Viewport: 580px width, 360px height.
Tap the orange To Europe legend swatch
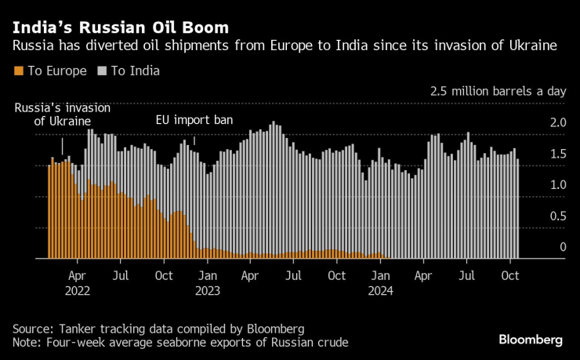point(19,71)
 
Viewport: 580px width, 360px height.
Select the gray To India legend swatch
point(102,71)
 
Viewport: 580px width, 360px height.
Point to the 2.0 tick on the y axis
point(558,123)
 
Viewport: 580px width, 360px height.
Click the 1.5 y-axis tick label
point(558,154)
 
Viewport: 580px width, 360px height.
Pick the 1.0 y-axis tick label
point(558,184)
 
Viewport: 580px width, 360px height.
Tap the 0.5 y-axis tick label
point(558,216)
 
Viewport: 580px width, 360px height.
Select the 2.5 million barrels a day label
point(498,91)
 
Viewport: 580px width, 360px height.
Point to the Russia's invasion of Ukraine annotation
point(63,115)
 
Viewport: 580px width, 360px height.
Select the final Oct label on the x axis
point(510,276)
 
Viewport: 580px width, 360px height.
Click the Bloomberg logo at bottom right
point(531,340)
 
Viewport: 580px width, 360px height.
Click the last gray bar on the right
point(517,209)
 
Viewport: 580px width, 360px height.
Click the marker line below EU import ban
point(194,140)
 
